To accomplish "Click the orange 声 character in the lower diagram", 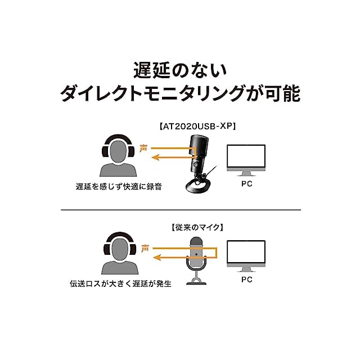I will pos(145,247).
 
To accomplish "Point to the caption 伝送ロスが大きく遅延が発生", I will pos(124,283).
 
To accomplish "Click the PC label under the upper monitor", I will pos(246,183).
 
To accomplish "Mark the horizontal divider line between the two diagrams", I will pos(180,209).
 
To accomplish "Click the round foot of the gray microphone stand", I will pos(196,282).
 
